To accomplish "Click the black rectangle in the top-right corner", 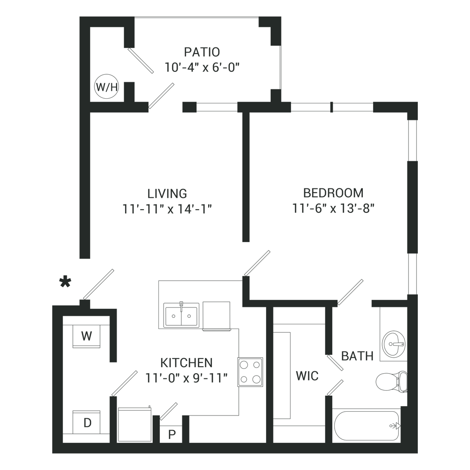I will click(x=371, y=38).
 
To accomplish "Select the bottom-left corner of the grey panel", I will click(x=53, y=453).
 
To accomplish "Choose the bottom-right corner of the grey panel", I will click(x=417, y=453).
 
